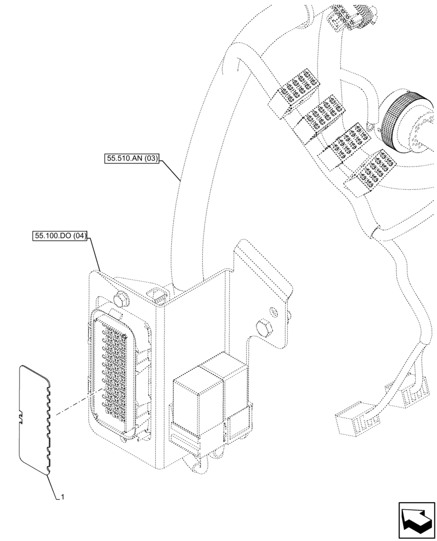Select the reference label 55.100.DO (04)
60,236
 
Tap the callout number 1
63,496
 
